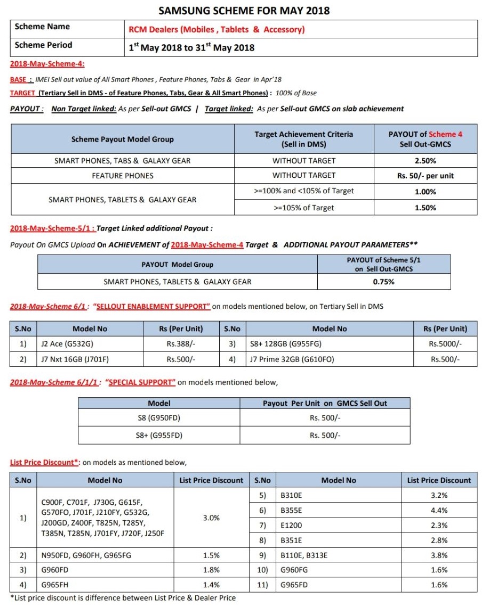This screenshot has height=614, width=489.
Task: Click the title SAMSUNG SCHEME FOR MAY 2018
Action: pos(244,11)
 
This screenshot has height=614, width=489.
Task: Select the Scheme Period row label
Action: pos(43,45)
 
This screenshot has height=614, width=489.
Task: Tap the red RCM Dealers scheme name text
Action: pos(217,30)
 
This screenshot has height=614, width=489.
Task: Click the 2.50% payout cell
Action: pos(425,160)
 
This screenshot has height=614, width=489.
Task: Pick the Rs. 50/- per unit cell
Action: pos(425,175)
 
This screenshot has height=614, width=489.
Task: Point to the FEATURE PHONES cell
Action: pos(122,175)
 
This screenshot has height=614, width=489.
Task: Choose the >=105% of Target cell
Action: pos(304,208)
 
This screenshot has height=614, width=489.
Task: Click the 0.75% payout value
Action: pos(383,282)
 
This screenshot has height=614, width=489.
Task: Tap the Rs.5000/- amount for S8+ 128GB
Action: pos(445,344)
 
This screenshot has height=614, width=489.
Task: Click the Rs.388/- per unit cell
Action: pos(181,344)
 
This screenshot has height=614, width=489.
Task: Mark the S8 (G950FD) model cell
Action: pos(159,418)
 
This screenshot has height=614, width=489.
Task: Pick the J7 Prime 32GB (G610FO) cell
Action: pos(292,359)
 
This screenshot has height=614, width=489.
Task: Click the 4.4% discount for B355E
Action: pos(438,510)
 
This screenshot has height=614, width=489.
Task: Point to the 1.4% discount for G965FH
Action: pos(211,585)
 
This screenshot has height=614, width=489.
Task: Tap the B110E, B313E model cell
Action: pos(304,555)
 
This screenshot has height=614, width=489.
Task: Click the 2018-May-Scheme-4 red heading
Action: pos(47,65)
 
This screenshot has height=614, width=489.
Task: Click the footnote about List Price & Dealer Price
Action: pos(123,598)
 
